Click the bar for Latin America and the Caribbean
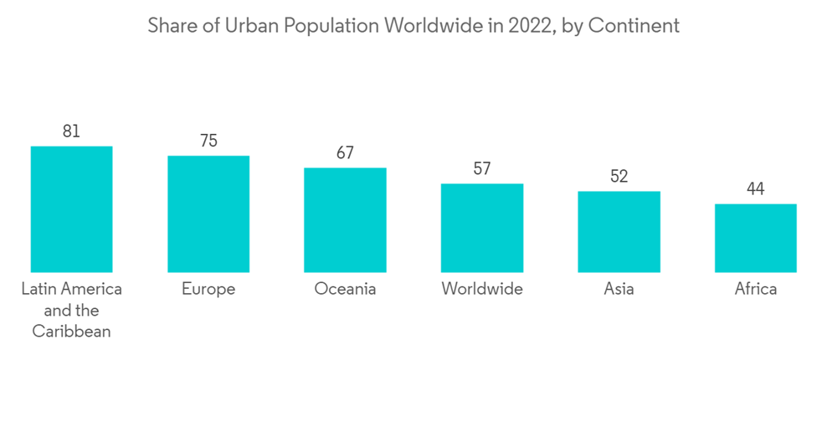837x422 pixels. [71, 209]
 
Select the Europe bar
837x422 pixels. [208, 214]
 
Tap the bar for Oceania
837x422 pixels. [345, 219]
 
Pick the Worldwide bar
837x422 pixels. [482, 228]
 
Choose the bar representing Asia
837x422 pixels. [619, 231]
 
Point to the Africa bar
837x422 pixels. [756, 238]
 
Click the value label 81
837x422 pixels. [71, 131]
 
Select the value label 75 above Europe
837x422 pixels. [208, 141]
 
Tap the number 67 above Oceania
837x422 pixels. [345, 153]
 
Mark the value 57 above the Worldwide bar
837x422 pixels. [482, 169]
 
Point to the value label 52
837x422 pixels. [619, 177]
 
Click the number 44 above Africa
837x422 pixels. [756, 189]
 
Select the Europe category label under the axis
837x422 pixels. [208, 290]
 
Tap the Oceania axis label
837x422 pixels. [345, 290]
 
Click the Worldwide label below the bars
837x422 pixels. [482, 290]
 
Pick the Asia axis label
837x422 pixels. [619, 290]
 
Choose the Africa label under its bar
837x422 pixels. [756, 290]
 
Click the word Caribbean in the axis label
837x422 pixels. [71, 332]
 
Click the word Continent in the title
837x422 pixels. [634, 26]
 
